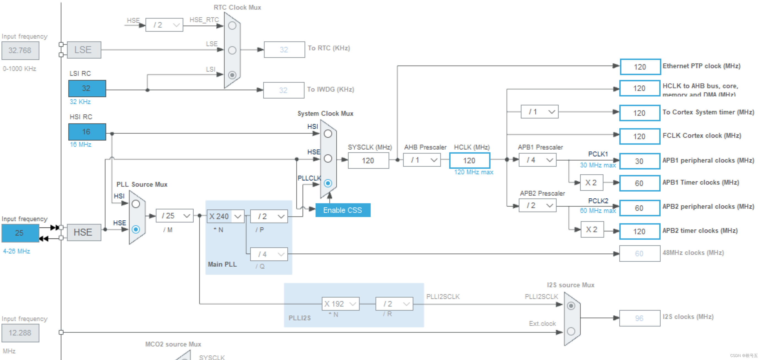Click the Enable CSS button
pyautogui.click(x=342, y=210)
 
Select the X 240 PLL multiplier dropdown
pyautogui.click(x=225, y=216)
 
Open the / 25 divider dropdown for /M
pyautogui.click(x=175, y=216)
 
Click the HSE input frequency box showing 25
pyautogui.click(x=20, y=233)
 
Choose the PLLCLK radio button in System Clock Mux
pyautogui.click(x=328, y=183)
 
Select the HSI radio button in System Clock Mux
pyautogui.click(x=328, y=134)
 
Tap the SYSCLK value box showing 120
pyautogui.click(x=368, y=161)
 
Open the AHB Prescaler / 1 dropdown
pyautogui.click(x=421, y=160)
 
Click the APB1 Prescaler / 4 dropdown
pyautogui.click(x=537, y=160)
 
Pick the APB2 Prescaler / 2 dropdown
pyautogui.click(x=537, y=205)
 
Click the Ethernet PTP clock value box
pyautogui.click(x=640, y=67)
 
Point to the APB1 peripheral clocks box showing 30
pyautogui.click(x=639, y=161)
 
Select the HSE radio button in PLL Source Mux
pyautogui.click(x=136, y=229)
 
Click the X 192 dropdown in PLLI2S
pyautogui.click(x=340, y=304)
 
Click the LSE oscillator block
pyautogui.click(x=84, y=50)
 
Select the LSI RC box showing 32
pyautogui.click(x=87, y=88)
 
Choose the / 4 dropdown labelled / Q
pyautogui.click(x=269, y=254)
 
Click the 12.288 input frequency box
pyautogui.click(x=20, y=333)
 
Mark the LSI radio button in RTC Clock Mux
pyautogui.click(x=232, y=75)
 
